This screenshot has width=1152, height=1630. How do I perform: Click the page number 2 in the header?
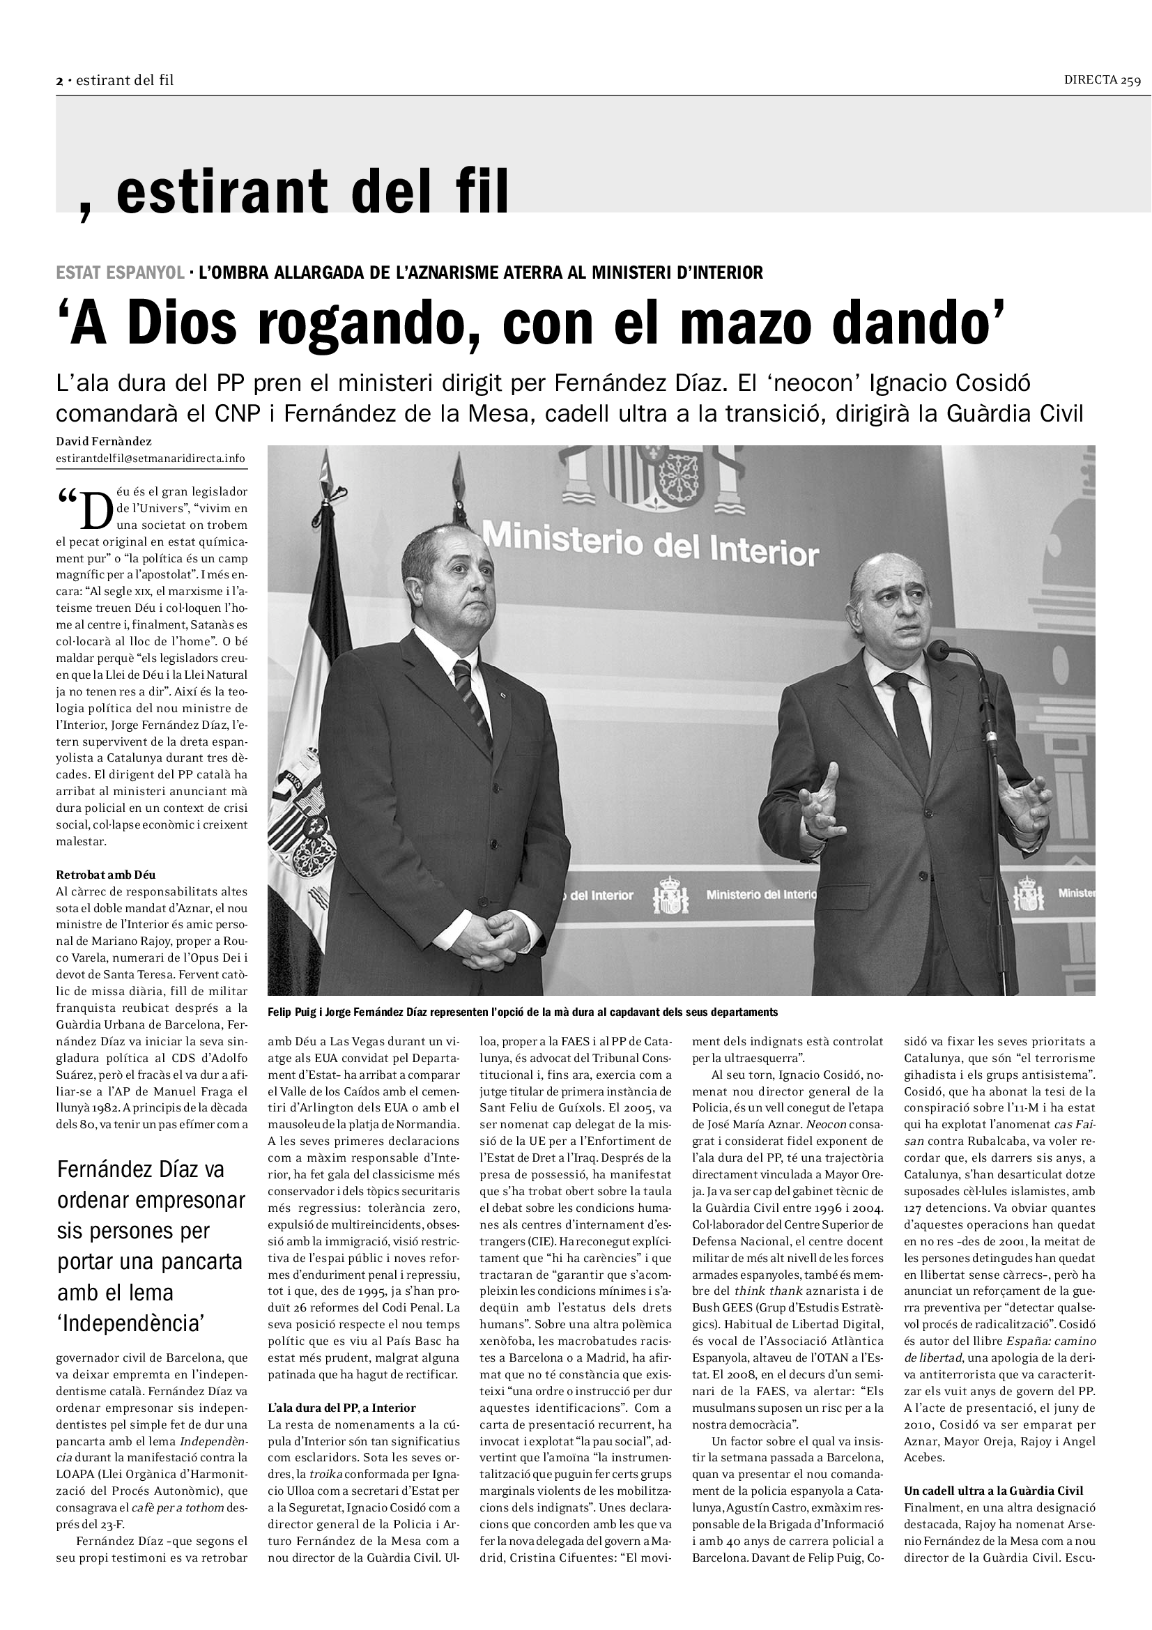60,81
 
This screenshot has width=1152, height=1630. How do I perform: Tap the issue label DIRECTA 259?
1102,80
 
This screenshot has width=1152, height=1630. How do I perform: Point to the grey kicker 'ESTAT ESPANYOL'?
118,272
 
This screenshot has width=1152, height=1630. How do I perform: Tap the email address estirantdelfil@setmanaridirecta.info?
151,458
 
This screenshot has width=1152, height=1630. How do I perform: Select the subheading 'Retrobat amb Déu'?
106,875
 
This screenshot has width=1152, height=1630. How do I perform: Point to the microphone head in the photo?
939,647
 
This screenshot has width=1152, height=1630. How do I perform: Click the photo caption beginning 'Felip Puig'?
523,1013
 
